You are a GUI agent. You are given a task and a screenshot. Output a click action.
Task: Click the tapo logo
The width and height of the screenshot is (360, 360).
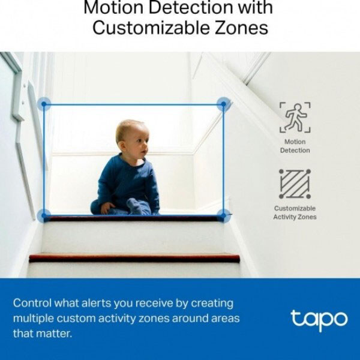[319, 320]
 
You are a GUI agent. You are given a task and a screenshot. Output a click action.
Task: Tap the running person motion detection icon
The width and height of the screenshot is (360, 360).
[295, 118]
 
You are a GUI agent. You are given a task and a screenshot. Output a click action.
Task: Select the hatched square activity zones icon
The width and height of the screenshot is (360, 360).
[295, 184]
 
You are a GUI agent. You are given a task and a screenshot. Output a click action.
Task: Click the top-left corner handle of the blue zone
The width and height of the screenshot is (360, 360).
[44, 104]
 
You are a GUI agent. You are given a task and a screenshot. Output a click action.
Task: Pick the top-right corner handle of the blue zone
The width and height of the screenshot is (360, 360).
[223, 104]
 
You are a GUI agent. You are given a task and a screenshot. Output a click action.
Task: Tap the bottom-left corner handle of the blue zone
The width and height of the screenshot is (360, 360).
[44, 215]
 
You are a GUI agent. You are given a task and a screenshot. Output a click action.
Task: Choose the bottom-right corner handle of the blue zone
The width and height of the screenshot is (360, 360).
[223, 215]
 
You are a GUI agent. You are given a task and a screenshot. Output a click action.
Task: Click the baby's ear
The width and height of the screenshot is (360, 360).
[122, 146]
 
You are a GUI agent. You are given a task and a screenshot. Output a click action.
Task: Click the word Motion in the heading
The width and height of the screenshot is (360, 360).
[114, 7]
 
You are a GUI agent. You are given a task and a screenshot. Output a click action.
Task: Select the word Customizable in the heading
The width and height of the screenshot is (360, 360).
[151, 28]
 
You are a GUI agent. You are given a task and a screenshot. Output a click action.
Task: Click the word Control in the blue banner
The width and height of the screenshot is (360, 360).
[32, 303]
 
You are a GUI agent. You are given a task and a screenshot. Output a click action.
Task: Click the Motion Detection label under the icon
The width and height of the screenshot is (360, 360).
[295, 146]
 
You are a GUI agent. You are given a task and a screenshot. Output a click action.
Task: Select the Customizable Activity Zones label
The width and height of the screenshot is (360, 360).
[295, 212]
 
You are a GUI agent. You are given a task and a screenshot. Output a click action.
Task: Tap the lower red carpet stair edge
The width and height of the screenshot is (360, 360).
[134, 258]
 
